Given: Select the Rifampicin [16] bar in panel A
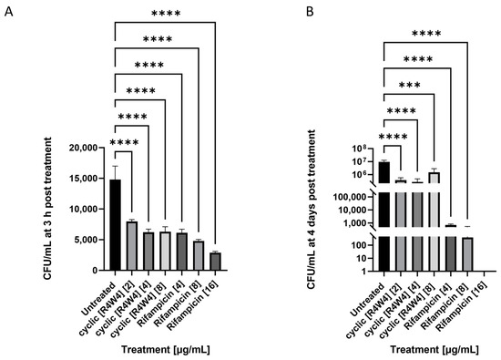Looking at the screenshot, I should tap(214, 262).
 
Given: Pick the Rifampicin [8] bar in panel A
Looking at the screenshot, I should tap(198, 256).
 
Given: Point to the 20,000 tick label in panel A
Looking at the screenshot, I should tap(84, 147).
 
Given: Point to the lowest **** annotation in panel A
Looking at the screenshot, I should tap(124, 141).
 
